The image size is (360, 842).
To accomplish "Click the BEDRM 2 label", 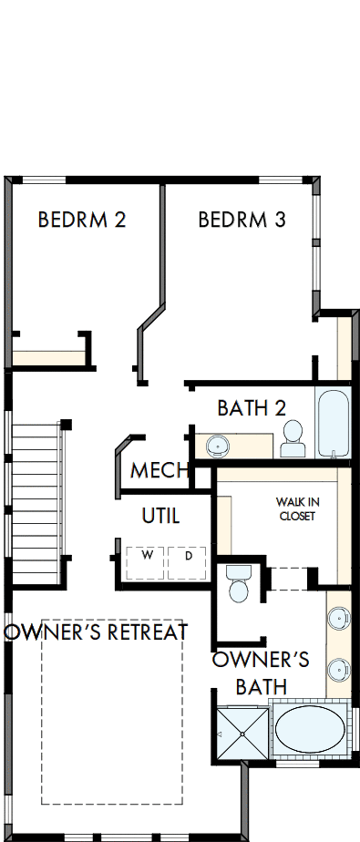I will [x=81, y=220].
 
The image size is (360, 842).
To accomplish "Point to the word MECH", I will [x=159, y=471].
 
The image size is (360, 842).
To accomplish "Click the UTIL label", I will [x=160, y=516].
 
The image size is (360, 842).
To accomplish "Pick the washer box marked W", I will [x=144, y=555].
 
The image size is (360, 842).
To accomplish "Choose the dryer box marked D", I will [x=189, y=555].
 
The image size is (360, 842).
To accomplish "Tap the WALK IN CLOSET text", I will [x=298, y=509].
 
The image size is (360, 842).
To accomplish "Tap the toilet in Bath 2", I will [x=293, y=438].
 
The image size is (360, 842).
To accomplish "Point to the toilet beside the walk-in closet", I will [x=238, y=584].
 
